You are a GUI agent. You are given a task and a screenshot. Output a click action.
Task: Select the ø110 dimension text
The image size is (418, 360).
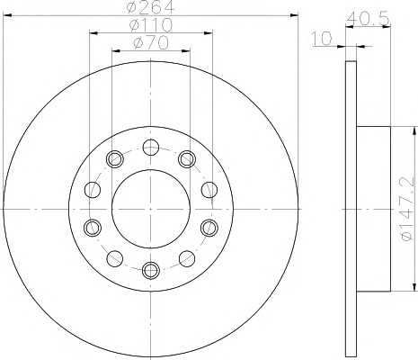point(151,25)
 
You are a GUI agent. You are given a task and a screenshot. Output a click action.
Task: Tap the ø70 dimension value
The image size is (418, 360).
point(151,43)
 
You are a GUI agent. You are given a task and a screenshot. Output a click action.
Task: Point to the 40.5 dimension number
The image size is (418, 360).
point(369,20)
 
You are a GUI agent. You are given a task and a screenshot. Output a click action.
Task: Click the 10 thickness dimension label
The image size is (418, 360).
point(322,39)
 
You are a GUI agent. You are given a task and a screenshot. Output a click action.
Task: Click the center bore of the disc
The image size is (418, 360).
point(151,209)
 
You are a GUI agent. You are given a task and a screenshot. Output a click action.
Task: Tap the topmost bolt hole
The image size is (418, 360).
point(151,148)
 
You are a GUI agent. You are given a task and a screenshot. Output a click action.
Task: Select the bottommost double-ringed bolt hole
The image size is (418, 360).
point(151,270)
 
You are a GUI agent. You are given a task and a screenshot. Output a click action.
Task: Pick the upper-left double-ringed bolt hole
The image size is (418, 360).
point(115,159)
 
